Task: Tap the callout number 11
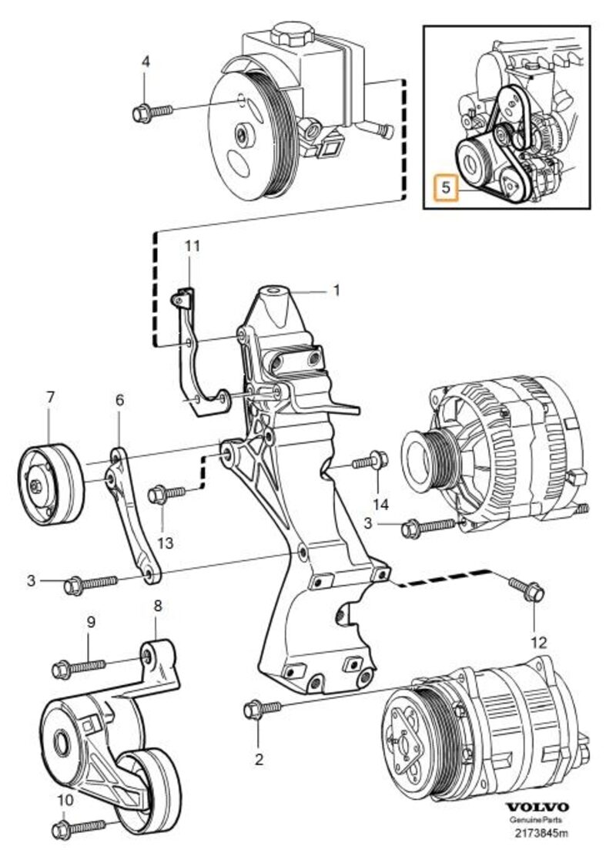192,247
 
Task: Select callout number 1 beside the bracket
336,291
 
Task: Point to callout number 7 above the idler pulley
50,398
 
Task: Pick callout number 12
537,641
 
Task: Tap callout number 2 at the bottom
259,759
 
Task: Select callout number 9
90,622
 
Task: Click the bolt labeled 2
262,707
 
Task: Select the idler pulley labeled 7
50,479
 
